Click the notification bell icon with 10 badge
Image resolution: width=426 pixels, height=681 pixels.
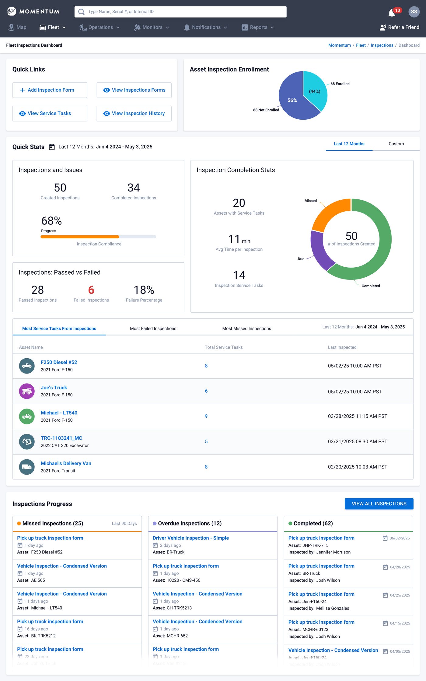tap(392, 13)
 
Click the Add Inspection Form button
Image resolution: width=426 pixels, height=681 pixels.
tap(50, 90)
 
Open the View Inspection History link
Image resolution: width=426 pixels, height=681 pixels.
tap(134, 114)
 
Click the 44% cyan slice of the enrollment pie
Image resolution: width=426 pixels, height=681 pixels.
tap(315, 90)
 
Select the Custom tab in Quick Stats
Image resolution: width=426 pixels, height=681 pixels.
tap(396, 144)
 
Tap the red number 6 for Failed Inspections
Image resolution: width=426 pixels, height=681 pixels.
tap(91, 290)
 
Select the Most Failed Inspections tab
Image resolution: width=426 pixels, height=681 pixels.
tap(153, 328)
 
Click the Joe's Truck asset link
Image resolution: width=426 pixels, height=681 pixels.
tap(54, 388)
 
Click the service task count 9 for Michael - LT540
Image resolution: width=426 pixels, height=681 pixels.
tap(206, 416)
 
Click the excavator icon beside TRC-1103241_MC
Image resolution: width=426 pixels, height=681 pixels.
tap(27, 441)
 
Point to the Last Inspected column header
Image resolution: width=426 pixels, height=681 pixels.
tap(342, 347)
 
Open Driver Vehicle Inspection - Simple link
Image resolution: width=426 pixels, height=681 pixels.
tap(190, 538)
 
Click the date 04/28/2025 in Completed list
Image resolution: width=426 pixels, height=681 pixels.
tap(400, 567)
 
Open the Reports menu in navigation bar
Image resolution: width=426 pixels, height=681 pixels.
tap(258, 27)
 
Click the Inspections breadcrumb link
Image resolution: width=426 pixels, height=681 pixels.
tap(382, 45)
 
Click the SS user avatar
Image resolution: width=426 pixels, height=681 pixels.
tap(414, 12)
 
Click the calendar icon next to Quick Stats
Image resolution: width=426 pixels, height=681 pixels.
tap(52, 147)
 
